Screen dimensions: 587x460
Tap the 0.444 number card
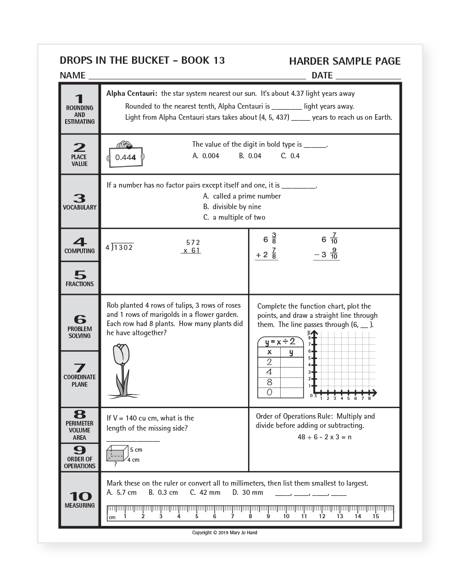pyautogui.click(x=126, y=157)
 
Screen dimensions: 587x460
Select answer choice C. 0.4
pyautogui.click(x=290, y=156)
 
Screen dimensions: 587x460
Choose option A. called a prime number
pyautogui.click(x=242, y=196)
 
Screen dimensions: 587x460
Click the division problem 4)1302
pyautogui.click(x=120, y=248)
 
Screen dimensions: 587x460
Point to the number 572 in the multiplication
pyautogui.click(x=193, y=243)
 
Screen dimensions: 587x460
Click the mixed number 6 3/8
pyautogui.click(x=270, y=239)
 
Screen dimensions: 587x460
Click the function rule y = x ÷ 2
pyautogui.click(x=280, y=342)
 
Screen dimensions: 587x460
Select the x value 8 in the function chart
pyautogui.click(x=269, y=382)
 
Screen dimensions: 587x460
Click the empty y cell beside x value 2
pyautogui.click(x=291, y=362)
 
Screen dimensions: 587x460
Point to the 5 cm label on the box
pyautogui.click(x=136, y=450)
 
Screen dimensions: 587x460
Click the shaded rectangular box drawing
pyautogui.click(x=116, y=454)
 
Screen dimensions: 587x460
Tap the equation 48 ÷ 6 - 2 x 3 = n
pyautogui.click(x=324, y=437)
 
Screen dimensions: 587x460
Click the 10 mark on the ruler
pyautogui.click(x=286, y=516)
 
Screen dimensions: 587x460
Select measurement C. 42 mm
pyautogui.click(x=205, y=493)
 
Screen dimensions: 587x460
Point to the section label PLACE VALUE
pyautogui.click(x=79, y=160)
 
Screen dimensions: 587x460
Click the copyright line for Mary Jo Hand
pyautogui.click(x=225, y=532)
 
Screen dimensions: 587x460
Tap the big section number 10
pyautogui.click(x=80, y=496)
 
